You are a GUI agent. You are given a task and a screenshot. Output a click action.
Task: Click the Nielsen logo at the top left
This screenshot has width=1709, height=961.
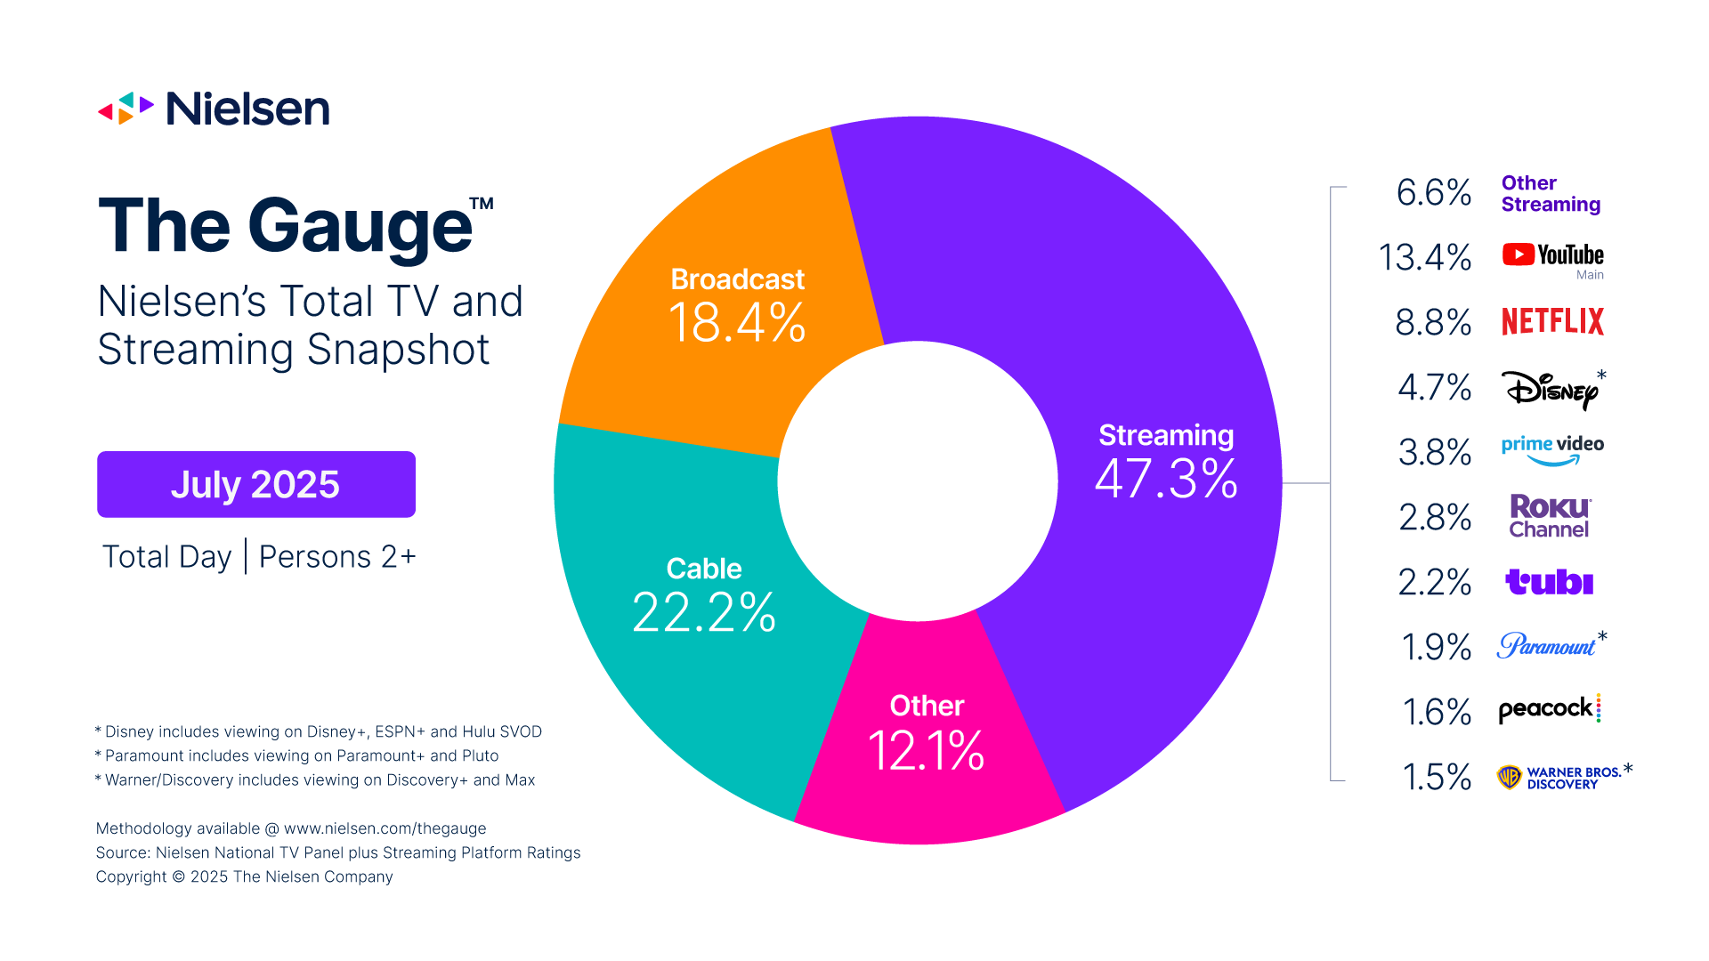point(214,109)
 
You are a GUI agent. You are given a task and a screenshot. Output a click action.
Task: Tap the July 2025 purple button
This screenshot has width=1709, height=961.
point(256,484)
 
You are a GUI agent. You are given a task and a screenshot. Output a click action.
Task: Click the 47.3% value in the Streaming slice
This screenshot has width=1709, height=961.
point(1166,479)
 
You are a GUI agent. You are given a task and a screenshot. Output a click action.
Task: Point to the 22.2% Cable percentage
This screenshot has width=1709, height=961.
point(704,612)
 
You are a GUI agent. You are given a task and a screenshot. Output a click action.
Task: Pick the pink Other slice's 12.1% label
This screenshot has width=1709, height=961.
point(926,750)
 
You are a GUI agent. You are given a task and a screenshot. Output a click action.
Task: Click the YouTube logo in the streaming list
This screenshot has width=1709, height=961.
point(1552,255)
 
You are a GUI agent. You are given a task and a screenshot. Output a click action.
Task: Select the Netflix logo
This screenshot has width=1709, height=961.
point(1552,321)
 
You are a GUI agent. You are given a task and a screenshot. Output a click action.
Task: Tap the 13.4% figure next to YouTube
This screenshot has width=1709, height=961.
point(1424,257)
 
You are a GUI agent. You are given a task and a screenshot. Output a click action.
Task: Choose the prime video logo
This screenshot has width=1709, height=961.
point(1552,449)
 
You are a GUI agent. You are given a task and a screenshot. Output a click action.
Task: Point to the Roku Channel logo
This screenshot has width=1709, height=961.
point(1549,516)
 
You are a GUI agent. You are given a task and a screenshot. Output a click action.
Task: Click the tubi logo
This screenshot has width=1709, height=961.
point(1549,582)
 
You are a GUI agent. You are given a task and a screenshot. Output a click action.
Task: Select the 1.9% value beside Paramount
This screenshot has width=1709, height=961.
point(1436,647)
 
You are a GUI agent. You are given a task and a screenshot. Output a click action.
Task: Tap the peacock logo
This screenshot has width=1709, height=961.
point(1549,709)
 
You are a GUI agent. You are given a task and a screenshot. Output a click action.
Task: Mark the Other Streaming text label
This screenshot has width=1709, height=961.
point(1550,193)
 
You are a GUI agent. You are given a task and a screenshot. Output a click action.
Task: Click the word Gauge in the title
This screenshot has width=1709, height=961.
point(360,226)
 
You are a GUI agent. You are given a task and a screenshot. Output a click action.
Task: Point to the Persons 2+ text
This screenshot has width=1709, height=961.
point(337,556)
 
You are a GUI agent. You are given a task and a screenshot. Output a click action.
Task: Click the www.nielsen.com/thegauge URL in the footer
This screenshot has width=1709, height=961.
point(385,828)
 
